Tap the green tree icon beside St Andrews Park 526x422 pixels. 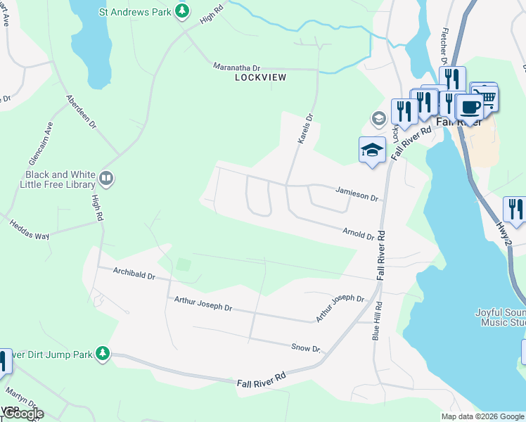(x=182, y=11)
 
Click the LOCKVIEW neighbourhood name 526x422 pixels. (x=261, y=77)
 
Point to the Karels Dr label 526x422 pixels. (x=304, y=130)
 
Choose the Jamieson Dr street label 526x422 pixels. (x=357, y=194)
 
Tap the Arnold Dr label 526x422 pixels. (x=359, y=233)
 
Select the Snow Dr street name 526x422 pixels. (x=306, y=348)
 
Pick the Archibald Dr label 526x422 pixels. (x=125, y=274)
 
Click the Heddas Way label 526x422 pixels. (x=30, y=230)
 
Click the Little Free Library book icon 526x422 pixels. (x=106, y=179)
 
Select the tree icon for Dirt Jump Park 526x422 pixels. (x=103, y=352)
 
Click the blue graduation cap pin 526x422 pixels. (x=373, y=149)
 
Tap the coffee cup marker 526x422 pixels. (x=470, y=107)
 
